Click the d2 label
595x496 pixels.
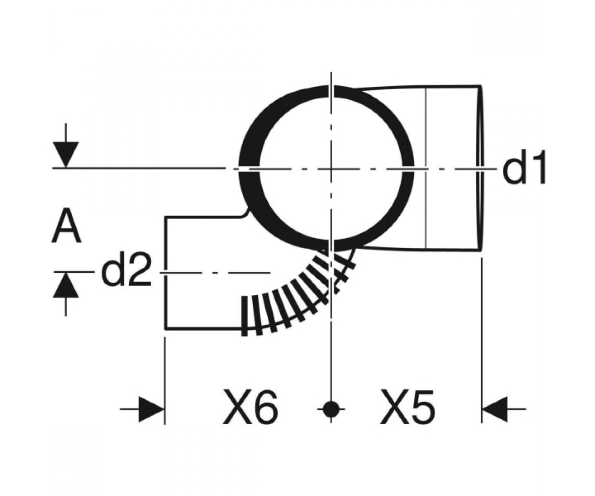tap(126, 269)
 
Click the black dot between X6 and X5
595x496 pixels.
tap(331, 409)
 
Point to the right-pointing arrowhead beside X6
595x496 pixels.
tap(151, 409)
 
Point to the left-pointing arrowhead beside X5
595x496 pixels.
tap(495, 409)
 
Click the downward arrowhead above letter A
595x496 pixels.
tap(66, 154)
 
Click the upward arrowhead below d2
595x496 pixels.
tap(66, 285)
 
